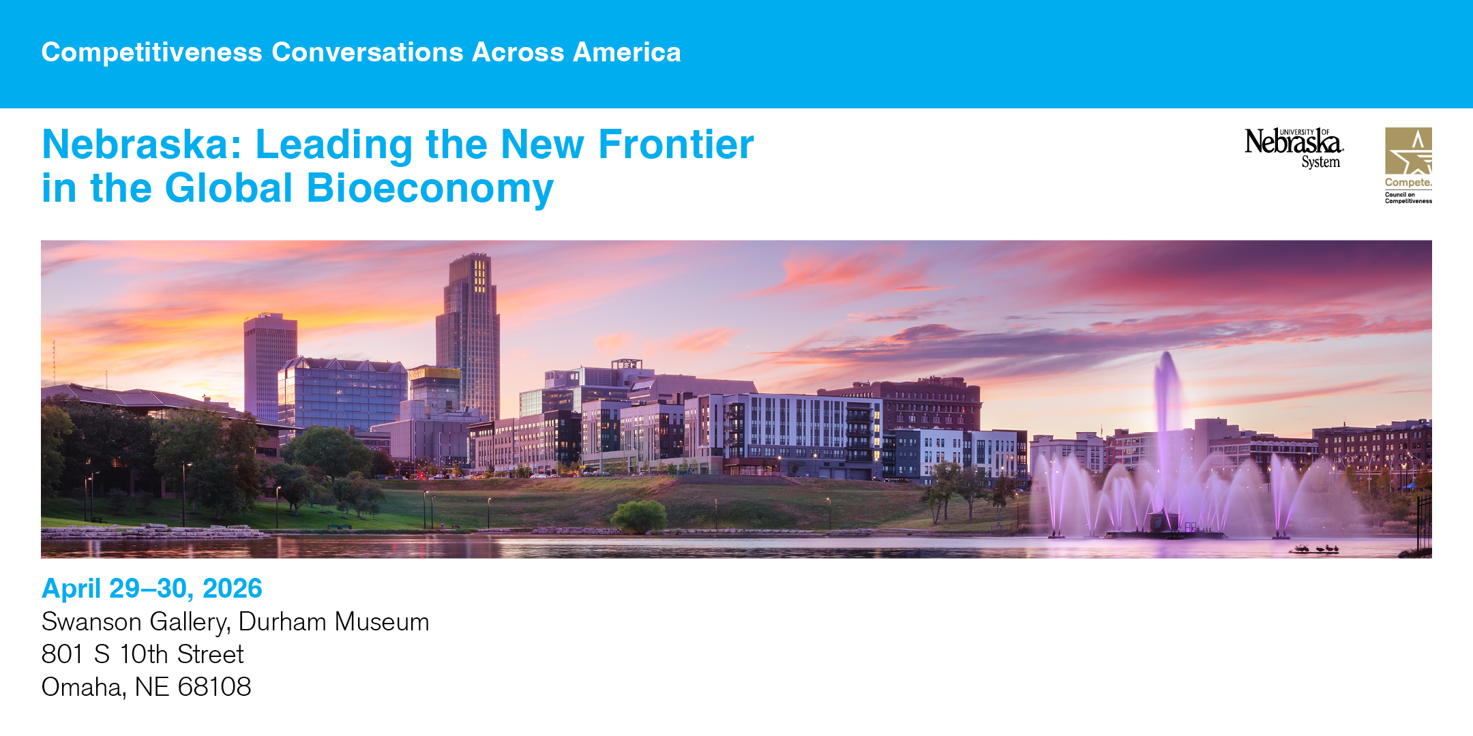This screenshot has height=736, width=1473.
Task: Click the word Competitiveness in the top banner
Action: (152, 52)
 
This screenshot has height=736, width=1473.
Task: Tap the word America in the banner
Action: (627, 52)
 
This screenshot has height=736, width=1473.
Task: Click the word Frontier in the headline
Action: (676, 144)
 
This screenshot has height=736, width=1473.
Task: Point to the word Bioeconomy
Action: (430, 189)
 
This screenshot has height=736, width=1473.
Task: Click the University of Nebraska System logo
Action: (1294, 149)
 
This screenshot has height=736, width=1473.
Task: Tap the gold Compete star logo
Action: (1408, 166)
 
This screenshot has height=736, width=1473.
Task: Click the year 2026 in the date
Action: (233, 588)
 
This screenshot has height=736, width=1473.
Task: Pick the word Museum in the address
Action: (382, 622)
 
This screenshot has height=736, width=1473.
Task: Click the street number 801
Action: (62, 654)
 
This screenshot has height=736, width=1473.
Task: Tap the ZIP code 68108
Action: (214, 687)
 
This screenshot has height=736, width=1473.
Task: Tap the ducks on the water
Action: (1316, 549)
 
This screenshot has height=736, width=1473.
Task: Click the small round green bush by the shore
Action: (639, 516)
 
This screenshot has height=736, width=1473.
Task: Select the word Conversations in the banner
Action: (368, 52)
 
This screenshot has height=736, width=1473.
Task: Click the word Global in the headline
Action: (229, 188)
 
